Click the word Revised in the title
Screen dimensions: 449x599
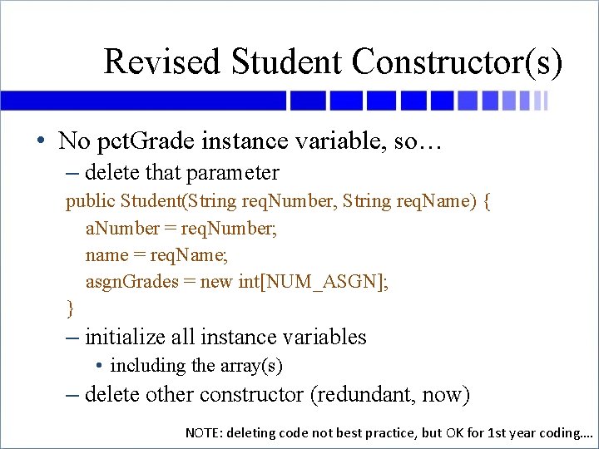point(163,62)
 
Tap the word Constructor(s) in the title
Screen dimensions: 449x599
point(457,62)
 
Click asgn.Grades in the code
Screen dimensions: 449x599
point(131,282)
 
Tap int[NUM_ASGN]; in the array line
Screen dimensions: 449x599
point(313,282)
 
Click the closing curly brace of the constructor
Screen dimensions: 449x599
point(70,308)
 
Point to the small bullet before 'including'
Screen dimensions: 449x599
point(99,366)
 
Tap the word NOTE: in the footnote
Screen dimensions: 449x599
point(205,432)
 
